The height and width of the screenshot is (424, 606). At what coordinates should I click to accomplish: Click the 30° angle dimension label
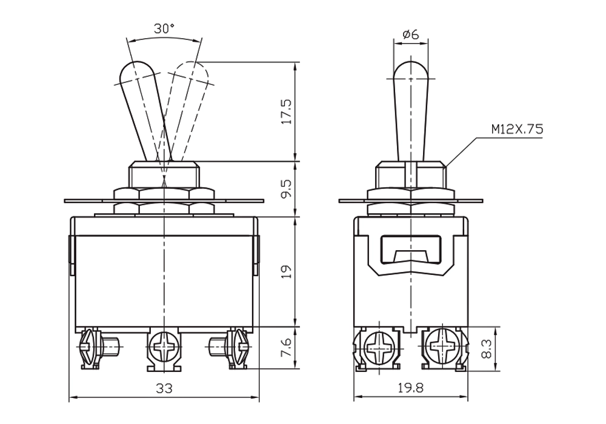point(164,28)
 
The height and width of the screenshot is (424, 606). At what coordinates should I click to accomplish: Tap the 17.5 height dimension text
point(287,111)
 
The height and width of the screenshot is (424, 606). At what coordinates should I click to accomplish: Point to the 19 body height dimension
point(287,272)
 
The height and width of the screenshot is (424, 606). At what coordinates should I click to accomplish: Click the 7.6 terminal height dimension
point(287,348)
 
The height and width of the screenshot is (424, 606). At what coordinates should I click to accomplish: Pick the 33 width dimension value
point(164,388)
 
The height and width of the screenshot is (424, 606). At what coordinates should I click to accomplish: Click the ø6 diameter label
point(411,35)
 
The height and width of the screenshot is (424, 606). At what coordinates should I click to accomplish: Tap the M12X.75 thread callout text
point(517,129)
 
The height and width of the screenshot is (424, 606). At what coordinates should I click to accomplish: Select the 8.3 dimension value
point(487,349)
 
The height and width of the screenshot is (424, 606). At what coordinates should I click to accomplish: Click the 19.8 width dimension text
point(411,388)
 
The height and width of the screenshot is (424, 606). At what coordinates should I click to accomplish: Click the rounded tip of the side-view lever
point(411,71)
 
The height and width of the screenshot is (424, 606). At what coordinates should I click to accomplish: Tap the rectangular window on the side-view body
point(411,250)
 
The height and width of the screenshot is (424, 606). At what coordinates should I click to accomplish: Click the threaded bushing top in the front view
point(164,164)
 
